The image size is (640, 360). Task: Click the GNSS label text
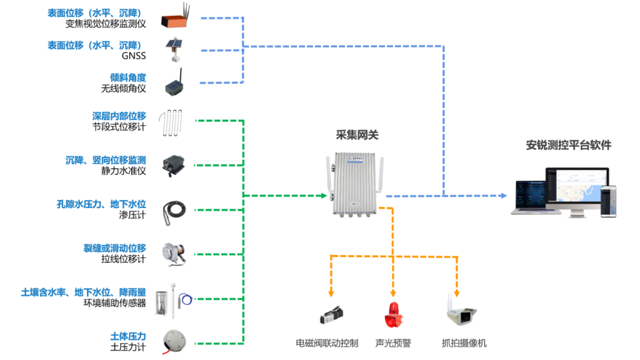click(x=133, y=56)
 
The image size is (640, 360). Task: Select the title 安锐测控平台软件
click(x=568, y=145)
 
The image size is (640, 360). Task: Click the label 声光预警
click(x=393, y=343)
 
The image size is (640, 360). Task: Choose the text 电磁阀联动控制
click(x=327, y=343)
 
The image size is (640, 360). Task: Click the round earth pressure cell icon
click(x=175, y=341)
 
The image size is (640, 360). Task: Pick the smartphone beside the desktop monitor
click(x=608, y=201)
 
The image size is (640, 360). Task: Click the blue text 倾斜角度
click(x=127, y=77)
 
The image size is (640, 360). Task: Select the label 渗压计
click(x=132, y=215)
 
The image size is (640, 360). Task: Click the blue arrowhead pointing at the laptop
click(x=502, y=196)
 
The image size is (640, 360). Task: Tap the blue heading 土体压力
click(x=127, y=336)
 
